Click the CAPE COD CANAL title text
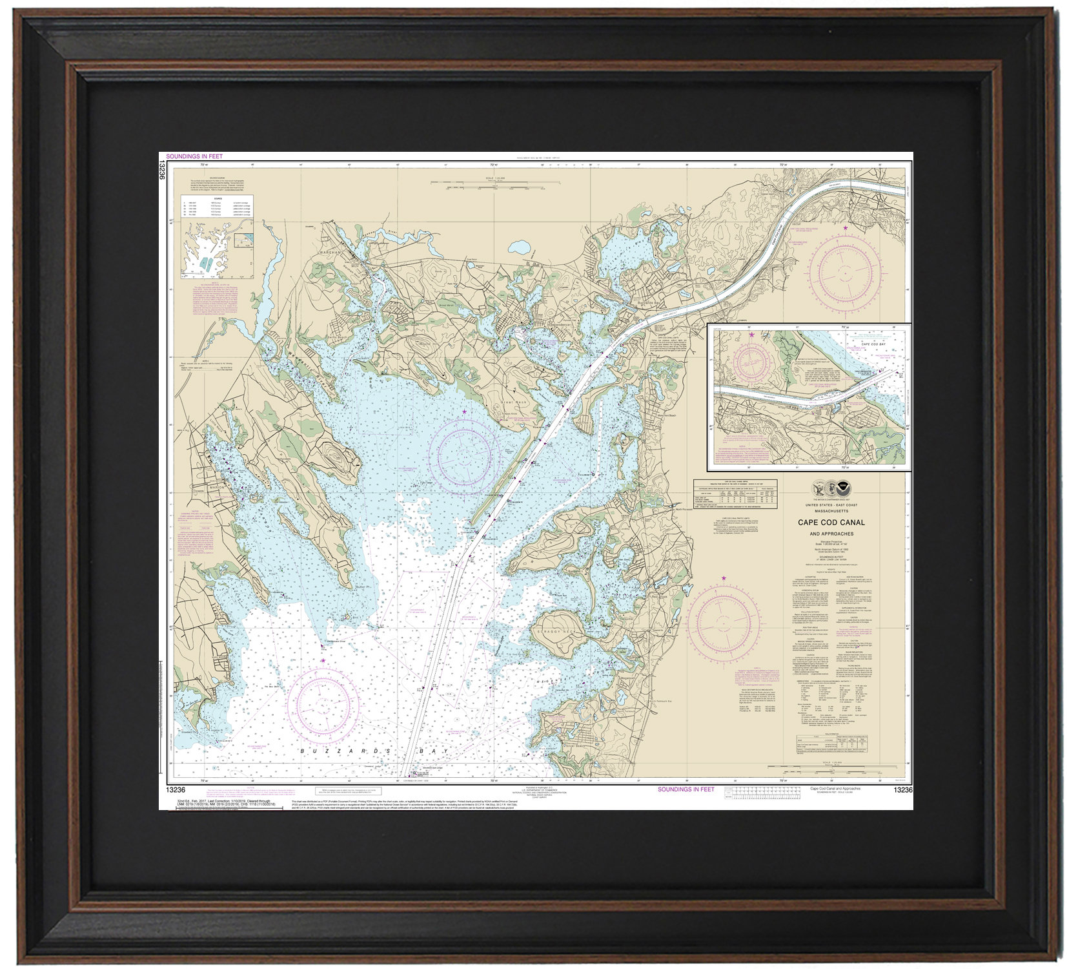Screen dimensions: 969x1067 click(831, 523)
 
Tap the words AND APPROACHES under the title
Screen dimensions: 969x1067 click(831, 534)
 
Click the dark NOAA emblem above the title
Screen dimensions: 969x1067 click(844, 488)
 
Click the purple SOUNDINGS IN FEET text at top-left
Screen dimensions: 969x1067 click(194, 156)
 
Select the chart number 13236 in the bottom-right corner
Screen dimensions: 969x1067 click(902, 790)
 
